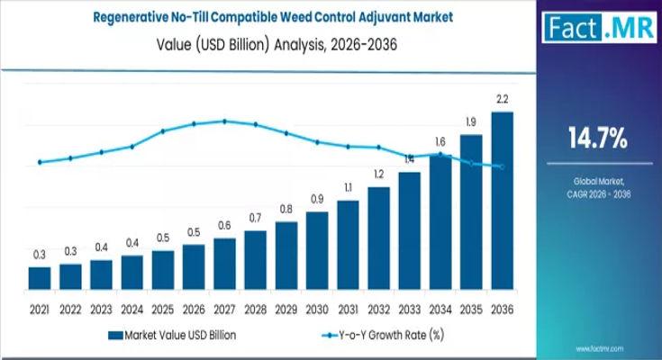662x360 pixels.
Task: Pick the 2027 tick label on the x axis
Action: [x=224, y=309]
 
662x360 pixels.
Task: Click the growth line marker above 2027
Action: [x=224, y=121]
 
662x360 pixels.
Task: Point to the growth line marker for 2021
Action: [x=40, y=162]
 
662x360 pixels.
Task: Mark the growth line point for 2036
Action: [x=503, y=167]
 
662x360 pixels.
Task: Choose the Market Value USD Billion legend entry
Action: [x=171, y=335]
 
